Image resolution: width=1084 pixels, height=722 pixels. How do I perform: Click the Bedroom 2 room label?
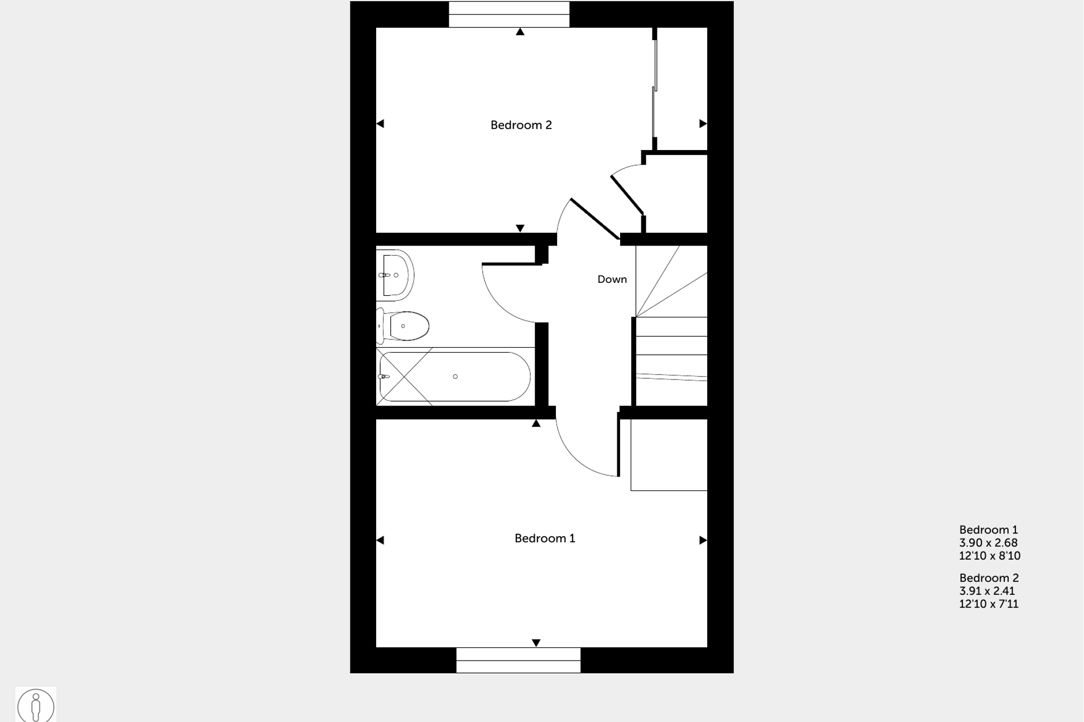point(521,125)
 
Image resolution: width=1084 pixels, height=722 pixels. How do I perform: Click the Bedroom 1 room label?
point(544,538)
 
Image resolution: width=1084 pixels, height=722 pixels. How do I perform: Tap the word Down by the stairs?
point(612,280)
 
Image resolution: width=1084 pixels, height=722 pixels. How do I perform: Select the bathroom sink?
point(396,275)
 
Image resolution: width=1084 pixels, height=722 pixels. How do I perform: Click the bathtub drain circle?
point(455,377)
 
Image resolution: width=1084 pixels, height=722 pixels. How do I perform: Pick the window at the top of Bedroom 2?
point(509,15)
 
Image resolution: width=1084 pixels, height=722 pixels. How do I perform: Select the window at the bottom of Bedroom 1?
point(518,660)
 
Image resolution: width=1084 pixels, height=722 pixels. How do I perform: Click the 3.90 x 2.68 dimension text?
point(988,543)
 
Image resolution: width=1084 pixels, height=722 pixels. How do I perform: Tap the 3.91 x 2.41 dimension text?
point(987,591)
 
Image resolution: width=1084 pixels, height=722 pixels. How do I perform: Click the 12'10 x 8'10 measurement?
point(989,556)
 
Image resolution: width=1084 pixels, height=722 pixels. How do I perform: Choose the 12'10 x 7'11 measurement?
point(989,604)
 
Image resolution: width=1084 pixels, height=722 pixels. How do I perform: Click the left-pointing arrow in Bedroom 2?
point(381,124)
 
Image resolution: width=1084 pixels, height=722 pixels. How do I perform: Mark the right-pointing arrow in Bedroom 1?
point(703,540)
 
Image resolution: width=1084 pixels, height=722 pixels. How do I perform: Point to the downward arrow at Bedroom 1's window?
point(536,643)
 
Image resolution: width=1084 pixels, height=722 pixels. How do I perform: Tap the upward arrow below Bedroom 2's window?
point(520,32)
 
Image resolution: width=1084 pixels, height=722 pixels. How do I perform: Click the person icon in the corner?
point(36,706)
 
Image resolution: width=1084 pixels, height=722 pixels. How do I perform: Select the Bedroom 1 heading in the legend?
point(988,530)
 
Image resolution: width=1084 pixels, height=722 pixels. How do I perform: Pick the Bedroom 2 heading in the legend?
point(989,578)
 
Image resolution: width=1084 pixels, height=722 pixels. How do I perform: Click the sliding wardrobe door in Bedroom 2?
point(654,89)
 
